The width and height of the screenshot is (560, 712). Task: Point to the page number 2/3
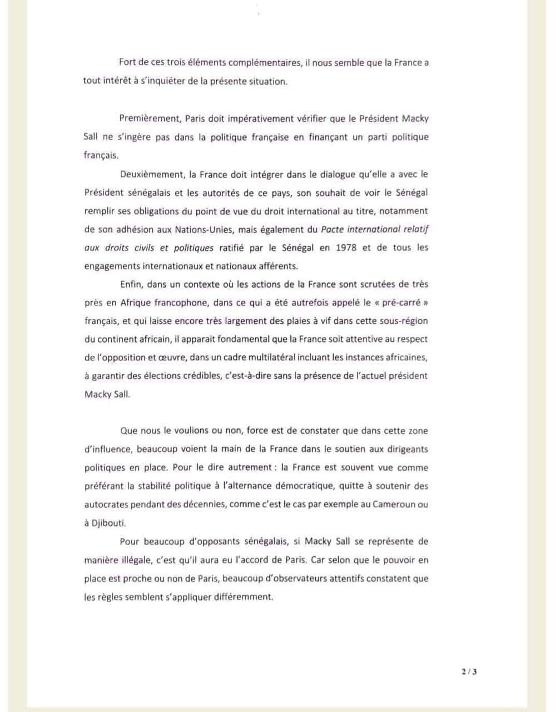coord(469,671)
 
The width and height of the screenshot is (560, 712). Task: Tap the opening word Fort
coord(128,63)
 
